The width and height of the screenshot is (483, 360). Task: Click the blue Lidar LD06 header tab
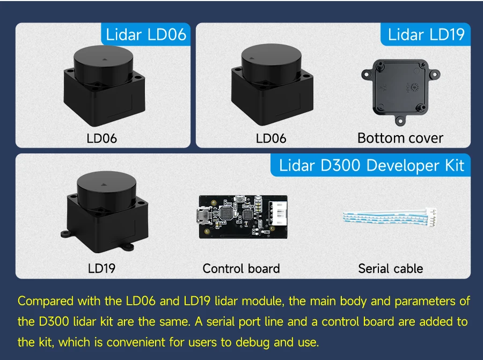click(x=146, y=35)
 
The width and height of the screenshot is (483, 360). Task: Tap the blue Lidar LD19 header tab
click(x=426, y=35)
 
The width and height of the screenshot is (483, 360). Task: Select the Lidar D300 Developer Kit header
click(x=371, y=165)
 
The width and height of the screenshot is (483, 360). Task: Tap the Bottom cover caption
click(x=400, y=138)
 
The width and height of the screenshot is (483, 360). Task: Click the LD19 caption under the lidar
click(x=101, y=268)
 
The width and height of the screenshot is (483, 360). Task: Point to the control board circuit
click(x=241, y=216)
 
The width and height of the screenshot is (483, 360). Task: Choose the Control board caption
click(x=241, y=268)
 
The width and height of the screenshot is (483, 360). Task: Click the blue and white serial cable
click(x=390, y=216)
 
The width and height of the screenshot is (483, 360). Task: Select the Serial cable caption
click(x=390, y=268)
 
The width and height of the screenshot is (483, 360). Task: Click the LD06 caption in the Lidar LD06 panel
click(x=101, y=138)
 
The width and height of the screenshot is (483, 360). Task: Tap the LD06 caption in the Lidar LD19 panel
click(x=271, y=138)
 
